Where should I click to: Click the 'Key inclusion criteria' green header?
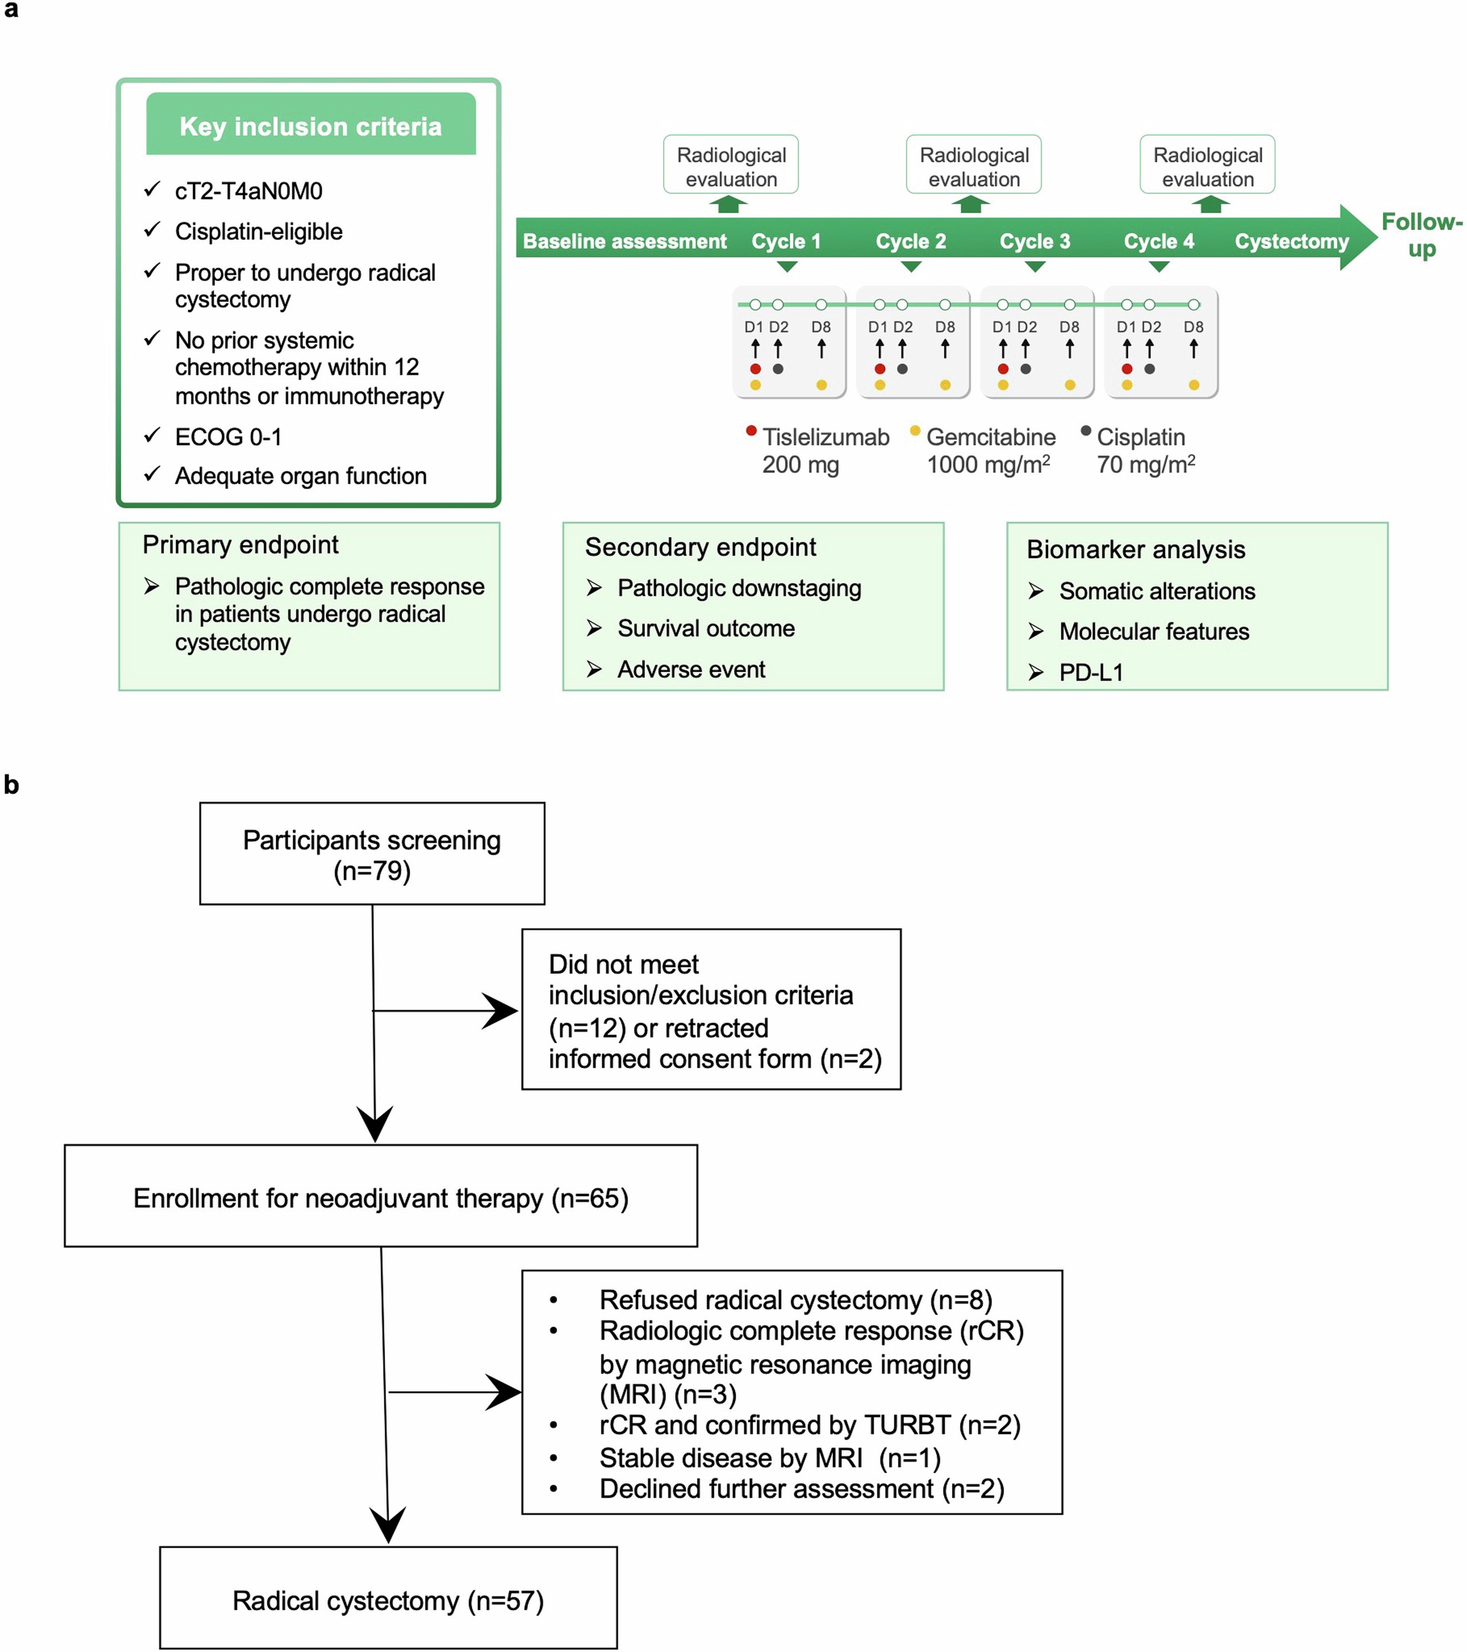coord(311,125)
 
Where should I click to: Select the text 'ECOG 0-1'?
coord(228,437)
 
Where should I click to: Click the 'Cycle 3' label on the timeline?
coord(1034,241)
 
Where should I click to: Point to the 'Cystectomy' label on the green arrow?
coord(1291,241)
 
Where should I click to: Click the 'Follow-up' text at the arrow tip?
coord(1421,234)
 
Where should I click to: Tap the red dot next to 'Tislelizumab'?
coord(751,431)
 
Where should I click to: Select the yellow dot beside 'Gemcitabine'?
coord(915,431)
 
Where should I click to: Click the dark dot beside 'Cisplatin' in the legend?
coord(1085,431)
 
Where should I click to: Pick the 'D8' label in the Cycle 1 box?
coord(820,327)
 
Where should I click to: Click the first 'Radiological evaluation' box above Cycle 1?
coord(731,166)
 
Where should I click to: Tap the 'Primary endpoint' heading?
coord(240,545)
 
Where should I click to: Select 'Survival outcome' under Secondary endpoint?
coord(706,628)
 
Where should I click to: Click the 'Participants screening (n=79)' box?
coord(371,854)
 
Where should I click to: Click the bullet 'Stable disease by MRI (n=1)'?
coord(769,1457)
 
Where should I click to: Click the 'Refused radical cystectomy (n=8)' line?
coord(795,1300)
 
